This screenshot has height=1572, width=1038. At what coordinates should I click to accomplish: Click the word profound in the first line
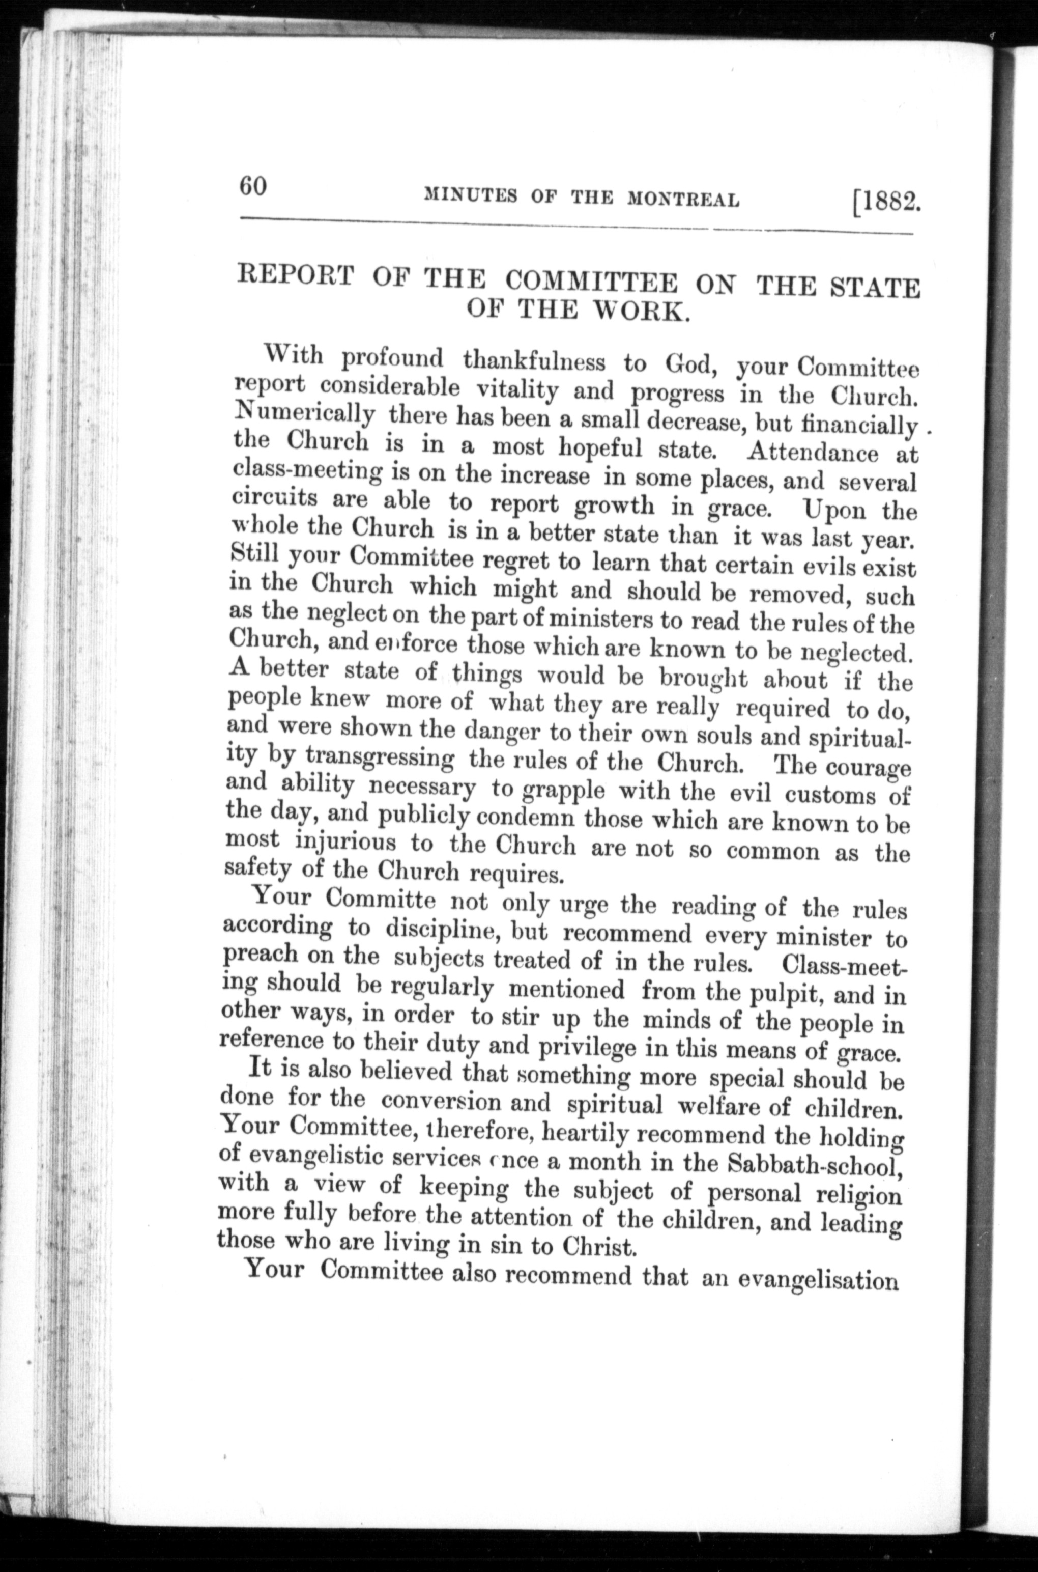(x=392, y=358)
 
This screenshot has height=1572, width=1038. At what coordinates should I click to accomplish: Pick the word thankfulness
(x=534, y=361)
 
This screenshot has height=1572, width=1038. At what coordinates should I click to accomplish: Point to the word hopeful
(x=600, y=448)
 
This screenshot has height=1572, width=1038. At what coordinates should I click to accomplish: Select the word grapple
(x=563, y=791)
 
